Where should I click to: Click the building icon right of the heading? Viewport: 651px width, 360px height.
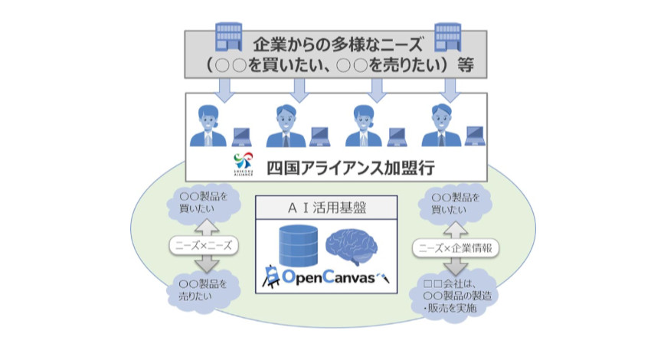point(447,36)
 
